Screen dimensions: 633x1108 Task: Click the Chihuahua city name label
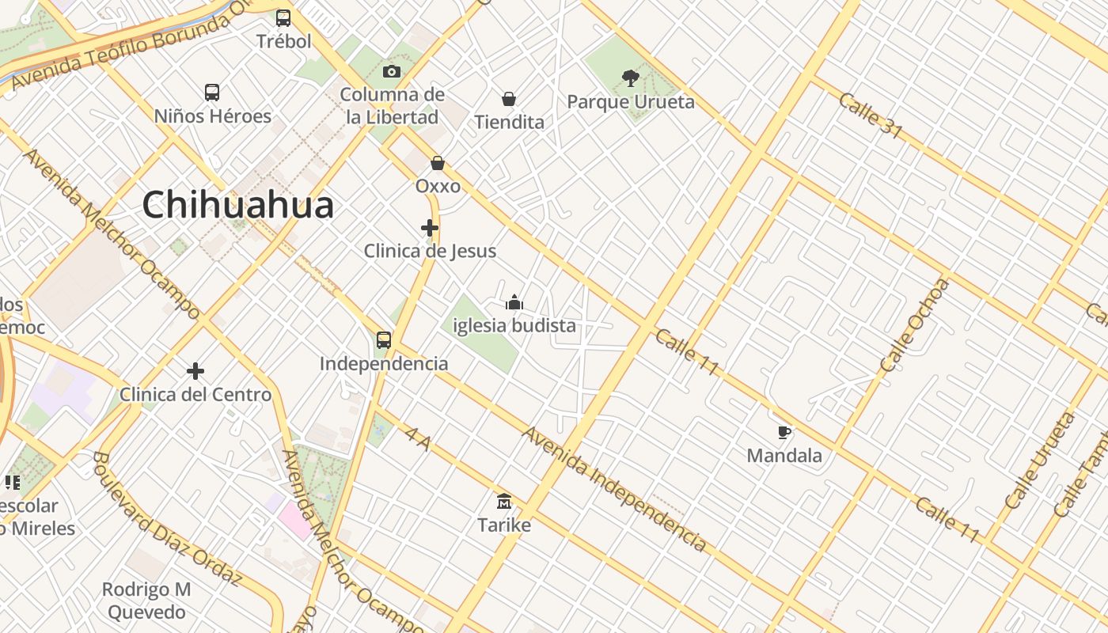[x=237, y=205]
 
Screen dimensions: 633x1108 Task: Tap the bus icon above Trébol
[x=283, y=17]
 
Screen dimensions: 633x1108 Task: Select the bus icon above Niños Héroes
[x=212, y=93]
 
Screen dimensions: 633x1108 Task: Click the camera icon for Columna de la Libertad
[x=391, y=72]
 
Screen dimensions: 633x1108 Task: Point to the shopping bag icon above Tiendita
[x=509, y=99]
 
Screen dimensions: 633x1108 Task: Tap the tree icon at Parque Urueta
[x=631, y=78]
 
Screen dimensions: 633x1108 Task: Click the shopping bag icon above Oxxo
[x=438, y=163]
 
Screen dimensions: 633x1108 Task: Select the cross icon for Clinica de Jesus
[x=430, y=228]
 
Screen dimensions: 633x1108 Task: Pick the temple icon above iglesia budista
[x=514, y=302]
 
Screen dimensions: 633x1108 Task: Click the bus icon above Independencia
[x=384, y=340]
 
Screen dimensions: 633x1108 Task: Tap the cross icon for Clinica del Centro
[x=195, y=370]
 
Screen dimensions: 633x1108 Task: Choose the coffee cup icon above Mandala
[x=784, y=432]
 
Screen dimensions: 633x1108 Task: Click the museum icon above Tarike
[x=504, y=502]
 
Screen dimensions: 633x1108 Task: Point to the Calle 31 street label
[x=870, y=116]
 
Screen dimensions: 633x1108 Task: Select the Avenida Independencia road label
[x=613, y=488]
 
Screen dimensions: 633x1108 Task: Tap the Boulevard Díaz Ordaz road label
[x=166, y=518]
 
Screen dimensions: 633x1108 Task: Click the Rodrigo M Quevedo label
[x=147, y=601]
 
